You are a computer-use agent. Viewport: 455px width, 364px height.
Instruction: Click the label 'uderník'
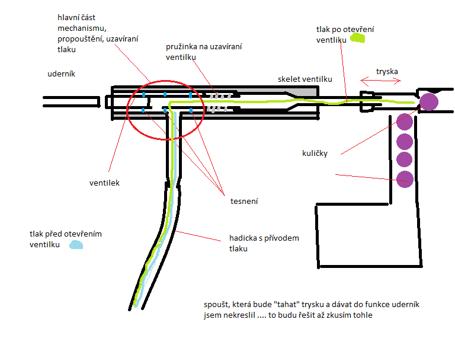click(x=62, y=74)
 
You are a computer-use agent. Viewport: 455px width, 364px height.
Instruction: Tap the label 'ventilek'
click(x=104, y=183)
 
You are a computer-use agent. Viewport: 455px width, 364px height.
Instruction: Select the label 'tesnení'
click(x=243, y=202)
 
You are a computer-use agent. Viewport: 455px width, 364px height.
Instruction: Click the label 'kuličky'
click(x=314, y=153)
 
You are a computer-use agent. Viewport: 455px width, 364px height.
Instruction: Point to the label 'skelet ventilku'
click(x=305, y=79)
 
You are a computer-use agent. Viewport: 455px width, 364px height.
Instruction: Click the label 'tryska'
click(x=387, y=72)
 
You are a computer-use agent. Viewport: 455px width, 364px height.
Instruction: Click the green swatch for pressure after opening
click(x=358, y=38)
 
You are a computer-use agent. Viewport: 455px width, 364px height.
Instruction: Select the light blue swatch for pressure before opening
click(x=75, y=244)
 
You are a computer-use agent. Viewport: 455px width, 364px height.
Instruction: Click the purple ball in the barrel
click(x=428, y=101)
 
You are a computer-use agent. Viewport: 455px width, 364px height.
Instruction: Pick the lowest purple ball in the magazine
click(x=405, y=179)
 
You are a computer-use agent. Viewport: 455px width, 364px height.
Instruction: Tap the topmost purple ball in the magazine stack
click(x=405, y=122)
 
